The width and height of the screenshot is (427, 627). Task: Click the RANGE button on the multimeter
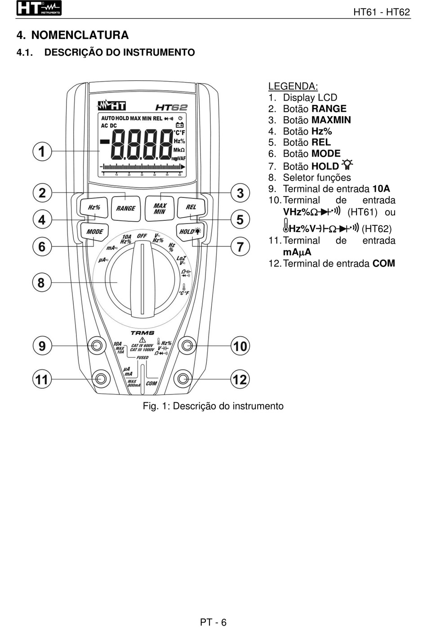(x=125, y=208)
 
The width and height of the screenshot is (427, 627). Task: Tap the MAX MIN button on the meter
(x=160, y=209)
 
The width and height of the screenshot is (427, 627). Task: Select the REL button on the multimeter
(x=191, y=207)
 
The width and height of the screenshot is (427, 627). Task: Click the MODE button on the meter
(x=94, y=232)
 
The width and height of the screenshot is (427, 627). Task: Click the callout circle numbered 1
(x=42, y=151)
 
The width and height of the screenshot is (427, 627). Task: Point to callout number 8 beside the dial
(x=41, y=283)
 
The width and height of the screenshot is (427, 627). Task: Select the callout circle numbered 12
(x=240, y=380)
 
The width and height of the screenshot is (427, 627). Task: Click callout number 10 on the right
(x=240, y=346)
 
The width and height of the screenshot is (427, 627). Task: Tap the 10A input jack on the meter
(x=97, y=346)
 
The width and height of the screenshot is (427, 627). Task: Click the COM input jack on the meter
(x=183, y=379)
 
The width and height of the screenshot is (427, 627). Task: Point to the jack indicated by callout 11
(x=100, y=379)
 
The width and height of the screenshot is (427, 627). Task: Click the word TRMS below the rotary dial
(x=142, y=333)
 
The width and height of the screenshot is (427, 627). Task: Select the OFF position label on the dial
(x=142, y=236)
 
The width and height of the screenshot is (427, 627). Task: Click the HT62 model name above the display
(x=171, y=107)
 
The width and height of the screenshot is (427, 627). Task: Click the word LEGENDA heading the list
(x=293, y=86)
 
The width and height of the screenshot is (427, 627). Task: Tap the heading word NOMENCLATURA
(x=80, y=35)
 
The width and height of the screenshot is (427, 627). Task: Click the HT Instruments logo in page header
(x=39, y=9)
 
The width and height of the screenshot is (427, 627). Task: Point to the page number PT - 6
(x=213, y=622)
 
